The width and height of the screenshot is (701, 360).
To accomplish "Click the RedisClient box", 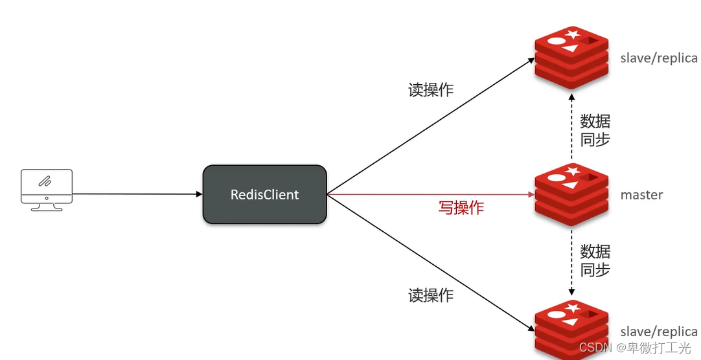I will coord(264,194).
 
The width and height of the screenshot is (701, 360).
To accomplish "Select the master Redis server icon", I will coord(571,194).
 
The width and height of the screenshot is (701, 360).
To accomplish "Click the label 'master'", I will coord(641,194).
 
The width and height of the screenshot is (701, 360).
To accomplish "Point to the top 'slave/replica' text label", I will coord(659,58).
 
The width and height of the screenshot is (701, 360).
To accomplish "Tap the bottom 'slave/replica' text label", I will coord(659,332).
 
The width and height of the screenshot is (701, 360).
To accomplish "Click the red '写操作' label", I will coord(461,208).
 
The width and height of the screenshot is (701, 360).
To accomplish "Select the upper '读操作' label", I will coord(431,90).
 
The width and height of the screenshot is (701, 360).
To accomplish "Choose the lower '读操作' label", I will coord(431,295).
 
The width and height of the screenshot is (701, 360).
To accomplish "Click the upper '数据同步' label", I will coord(595,129).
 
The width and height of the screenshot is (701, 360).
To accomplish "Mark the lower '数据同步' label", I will coord(595,260).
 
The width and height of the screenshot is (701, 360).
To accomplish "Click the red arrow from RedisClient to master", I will coord(428,194).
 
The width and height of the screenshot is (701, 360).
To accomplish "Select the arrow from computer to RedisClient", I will coord(136,194).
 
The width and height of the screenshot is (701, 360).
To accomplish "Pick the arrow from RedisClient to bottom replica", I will coord(428,259).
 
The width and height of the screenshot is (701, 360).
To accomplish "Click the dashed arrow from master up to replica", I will coord(571,126).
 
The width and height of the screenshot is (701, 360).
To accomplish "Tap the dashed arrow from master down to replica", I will coord(571,262).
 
